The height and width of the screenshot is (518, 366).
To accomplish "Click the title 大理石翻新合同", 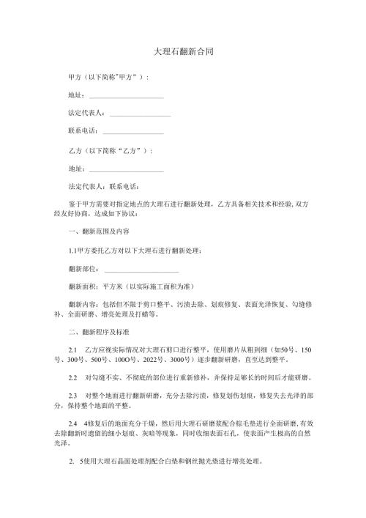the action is pos(183,53).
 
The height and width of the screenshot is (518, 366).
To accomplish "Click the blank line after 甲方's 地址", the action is pos(125,95).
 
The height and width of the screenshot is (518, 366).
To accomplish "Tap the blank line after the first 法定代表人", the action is pos(140,114).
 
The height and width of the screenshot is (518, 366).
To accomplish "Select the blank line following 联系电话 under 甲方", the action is pos(133,132).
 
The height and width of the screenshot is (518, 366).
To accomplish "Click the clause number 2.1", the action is pos(72,349).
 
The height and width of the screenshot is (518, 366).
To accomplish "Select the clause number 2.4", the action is pos(72,423).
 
